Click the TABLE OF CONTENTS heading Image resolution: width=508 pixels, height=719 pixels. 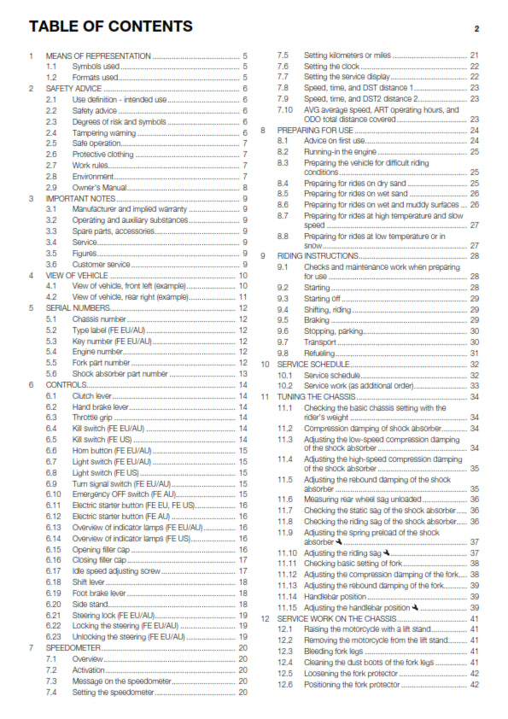pos(109,26)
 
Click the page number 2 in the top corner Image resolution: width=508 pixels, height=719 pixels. pos(476,28)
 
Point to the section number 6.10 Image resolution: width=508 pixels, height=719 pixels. pos(54,494)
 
